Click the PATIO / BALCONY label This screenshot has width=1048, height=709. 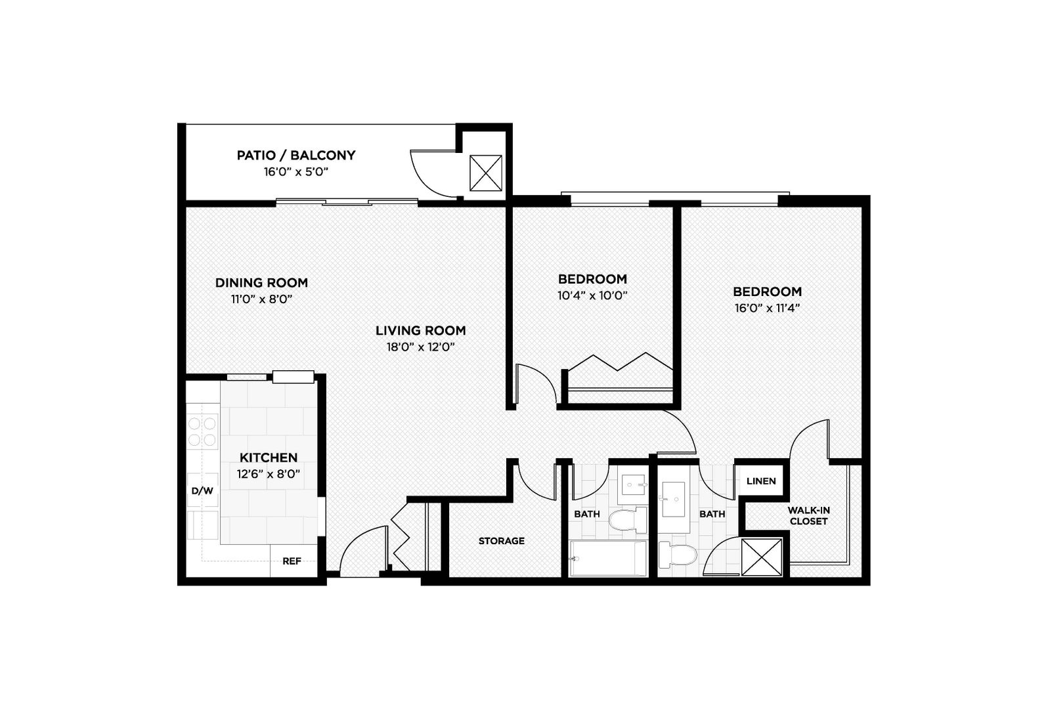[295, 156]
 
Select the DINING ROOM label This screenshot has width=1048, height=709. [261, 283]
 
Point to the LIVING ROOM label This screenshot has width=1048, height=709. [420, 331]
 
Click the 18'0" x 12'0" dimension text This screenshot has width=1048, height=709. [420, 347]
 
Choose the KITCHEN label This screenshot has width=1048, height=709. [268, 458]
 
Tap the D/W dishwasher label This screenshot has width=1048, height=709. [202, 490]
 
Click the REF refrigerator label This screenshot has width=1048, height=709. [292, 561]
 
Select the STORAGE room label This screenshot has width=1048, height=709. [501, 541]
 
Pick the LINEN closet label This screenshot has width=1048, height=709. [761, 481]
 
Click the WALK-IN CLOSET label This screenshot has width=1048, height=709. [809, 516]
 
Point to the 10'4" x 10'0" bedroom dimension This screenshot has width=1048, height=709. [592, 295]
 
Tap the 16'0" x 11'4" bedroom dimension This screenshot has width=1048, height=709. [766, 308]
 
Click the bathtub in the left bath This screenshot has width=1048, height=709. [608, 559]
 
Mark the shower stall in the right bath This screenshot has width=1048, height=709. [762, 557]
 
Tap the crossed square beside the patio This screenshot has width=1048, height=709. [485, 173]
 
